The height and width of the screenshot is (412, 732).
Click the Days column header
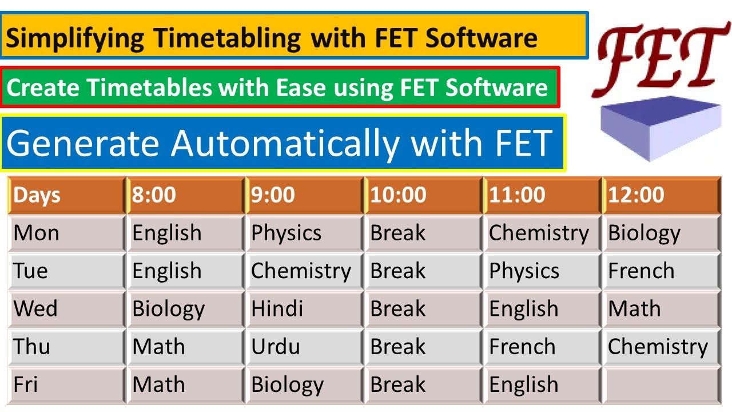66,196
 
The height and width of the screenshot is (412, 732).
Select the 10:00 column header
423,196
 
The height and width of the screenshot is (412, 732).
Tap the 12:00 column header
661,196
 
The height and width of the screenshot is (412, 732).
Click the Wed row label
66,309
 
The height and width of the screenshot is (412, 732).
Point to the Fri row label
66,385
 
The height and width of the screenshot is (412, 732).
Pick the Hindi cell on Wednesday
304,309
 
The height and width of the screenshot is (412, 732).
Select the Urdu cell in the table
304,347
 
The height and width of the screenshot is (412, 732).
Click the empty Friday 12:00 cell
661,385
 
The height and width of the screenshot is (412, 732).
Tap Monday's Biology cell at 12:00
661,233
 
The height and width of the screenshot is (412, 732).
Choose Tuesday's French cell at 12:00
661,271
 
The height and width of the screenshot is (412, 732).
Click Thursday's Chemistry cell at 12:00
661,347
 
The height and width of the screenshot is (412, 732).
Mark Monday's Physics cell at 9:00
304,233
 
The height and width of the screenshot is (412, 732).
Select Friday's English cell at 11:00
542,385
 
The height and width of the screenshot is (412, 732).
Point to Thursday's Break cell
423,347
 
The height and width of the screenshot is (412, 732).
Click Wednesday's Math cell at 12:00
661,309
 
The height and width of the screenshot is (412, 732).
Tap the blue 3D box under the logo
661,129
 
